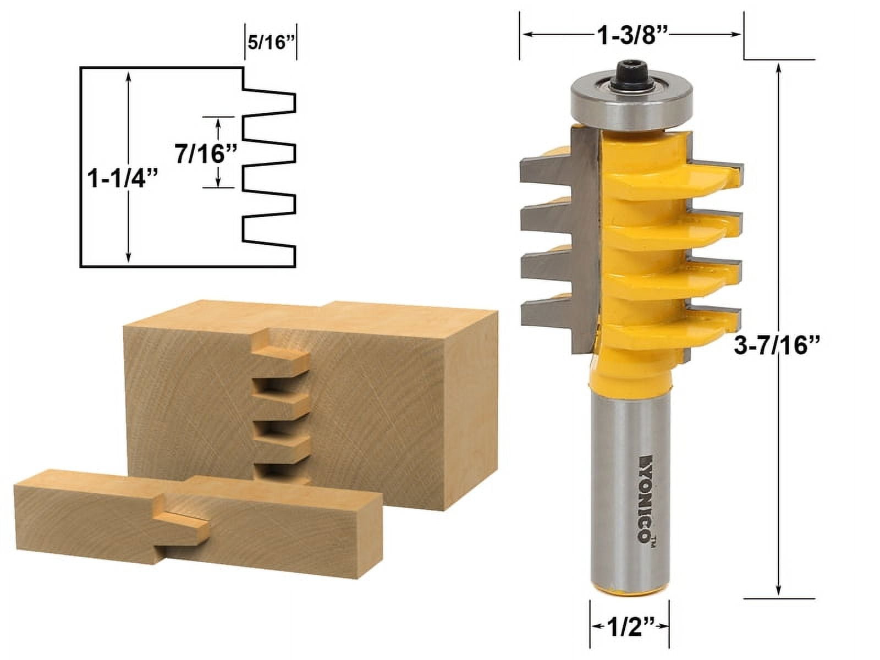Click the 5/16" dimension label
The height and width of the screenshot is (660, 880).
coord(269,43)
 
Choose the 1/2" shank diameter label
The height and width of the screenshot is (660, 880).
coord(630,626)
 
